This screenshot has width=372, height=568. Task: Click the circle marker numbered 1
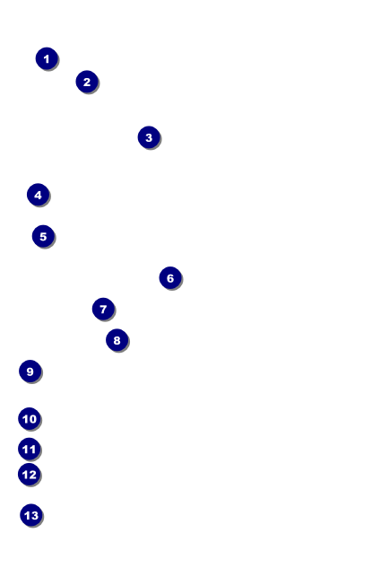click(47, 58)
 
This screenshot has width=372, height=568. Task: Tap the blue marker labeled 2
click(87, 82)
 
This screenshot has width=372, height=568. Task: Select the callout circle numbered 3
click(149, 137)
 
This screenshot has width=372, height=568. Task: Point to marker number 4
click(38, 195)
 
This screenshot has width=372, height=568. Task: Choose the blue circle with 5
click(43, 236)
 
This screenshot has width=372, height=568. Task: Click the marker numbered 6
click(170, 278)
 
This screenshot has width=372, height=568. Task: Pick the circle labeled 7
click(103, 309)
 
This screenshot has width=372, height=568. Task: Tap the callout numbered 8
click(117, 340)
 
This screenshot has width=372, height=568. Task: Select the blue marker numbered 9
click(30, 371)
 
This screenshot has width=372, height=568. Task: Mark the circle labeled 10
click(30, 419)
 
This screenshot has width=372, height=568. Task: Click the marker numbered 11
click(30, 450)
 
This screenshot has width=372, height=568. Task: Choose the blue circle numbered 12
click(30, 475)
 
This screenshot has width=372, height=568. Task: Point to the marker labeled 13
click(31, 515)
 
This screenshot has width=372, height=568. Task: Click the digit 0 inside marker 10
click(32, 419)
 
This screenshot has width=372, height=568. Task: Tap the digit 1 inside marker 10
click(25, 419)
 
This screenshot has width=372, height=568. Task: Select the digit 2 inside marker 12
click(32, 475)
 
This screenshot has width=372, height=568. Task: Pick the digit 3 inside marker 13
click(35, 515)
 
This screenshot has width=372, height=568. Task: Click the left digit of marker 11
click(25, 450)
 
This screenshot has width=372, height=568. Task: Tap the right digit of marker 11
click(32, 450)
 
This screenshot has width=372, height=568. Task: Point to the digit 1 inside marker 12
click(25, 475)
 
